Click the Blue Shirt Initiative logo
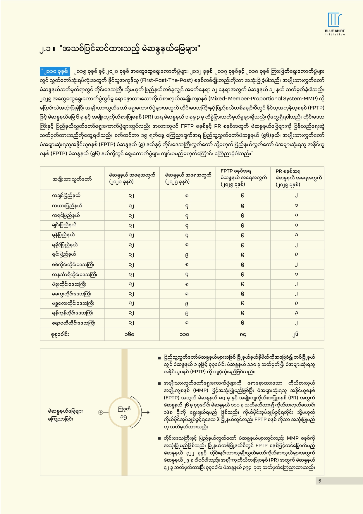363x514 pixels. (335, 24)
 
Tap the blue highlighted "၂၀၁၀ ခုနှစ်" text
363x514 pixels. (55, 71)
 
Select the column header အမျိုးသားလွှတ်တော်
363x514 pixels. (72, 179)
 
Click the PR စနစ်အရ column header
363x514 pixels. (297, 178)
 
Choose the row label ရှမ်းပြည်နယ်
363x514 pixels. (64, 254)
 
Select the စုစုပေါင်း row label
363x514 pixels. (60, 334)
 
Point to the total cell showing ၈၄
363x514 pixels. (242, 334)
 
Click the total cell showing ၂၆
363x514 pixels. (296, 334)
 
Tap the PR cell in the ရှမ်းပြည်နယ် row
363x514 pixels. (296, 255)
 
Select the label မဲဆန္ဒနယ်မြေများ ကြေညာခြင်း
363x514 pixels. (65, 415)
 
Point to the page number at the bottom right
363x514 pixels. (320, 481)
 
